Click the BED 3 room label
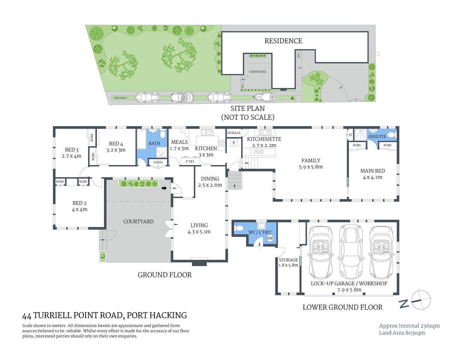72,150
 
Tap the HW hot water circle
270,238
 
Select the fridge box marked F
234,143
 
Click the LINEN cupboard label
158,162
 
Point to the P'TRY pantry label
190,162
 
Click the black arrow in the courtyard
164,188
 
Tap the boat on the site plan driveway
263,97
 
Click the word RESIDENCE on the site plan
283,41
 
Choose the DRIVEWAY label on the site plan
120,98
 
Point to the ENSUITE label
377,136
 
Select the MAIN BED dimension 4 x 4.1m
372,177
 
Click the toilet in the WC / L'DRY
239,228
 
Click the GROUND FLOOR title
164,275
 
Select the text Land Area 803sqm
402,333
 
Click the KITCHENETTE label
264,139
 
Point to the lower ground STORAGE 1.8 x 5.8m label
288,262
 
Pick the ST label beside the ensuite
350,135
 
